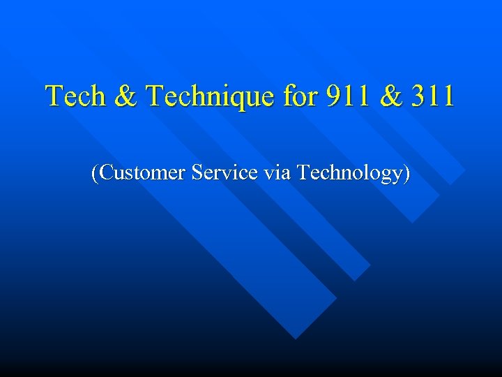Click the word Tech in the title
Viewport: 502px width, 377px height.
pyautogui.click(x=72, y=96)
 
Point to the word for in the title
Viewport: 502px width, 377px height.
pyautogui.click(x=299, y=96)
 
